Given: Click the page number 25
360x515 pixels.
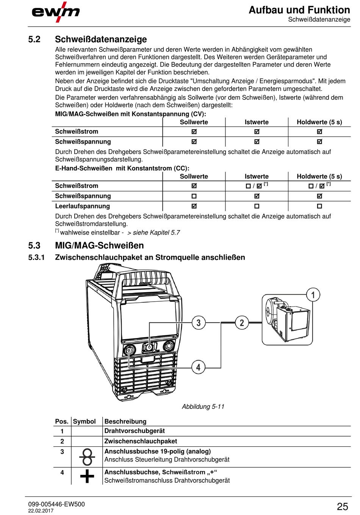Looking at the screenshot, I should pyautogui.click(x=342, y=506).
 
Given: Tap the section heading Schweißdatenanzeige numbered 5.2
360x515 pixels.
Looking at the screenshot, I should pyautogui.click(x=101, y=39).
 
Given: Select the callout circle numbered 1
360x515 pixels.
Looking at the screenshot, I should pyautogui.click(x=313, y=295).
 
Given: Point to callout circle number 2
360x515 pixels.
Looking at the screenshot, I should pyautogui.click(x=242, y=323).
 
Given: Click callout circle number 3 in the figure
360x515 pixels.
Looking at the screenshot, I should pyautogui.click(x=199, y=323).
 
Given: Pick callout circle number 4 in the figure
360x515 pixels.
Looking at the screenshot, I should pyautogui.click(x=198, y=367).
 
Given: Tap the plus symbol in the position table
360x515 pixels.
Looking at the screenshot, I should pyautogui.click(x=87, y=476).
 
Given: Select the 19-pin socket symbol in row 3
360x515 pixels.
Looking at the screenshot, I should pyautogui.click(x=87, y=457).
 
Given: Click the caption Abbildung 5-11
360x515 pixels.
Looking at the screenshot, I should pyautogui.click(x=203, y=407).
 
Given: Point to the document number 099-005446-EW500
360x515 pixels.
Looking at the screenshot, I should pyautogui.click(x=56, y=504).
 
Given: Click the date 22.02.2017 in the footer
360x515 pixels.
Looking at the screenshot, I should pyautogui.click(x=41, y=511).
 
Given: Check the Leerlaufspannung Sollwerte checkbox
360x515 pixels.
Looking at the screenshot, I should pyautogui.click(x=194, y=206).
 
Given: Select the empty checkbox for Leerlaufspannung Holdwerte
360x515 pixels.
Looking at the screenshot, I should pyautogui.click(x=319, y=206).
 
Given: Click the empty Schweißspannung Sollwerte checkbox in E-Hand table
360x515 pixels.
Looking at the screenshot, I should pyautogui.click(x=194, y=196).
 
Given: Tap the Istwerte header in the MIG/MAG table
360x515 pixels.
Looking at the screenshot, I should pyautogui.click(x=257, y=122).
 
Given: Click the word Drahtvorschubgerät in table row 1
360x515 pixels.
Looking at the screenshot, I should pyautogui.click(x=135, y=431).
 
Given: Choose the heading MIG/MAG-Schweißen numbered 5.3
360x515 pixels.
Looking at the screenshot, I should pyautogui.click(x=99, y=246).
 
